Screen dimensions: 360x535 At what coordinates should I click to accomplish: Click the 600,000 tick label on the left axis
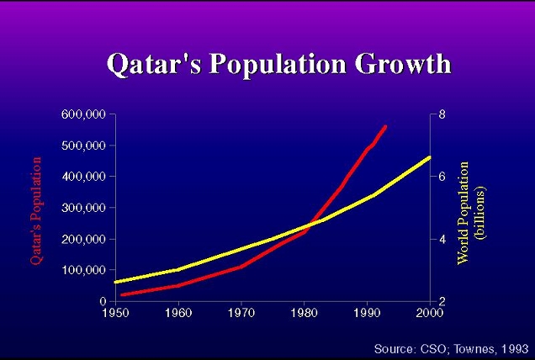(84, 114)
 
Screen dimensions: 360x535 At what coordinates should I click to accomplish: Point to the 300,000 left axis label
(84, 208)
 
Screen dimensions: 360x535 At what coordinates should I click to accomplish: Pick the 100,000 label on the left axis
(84, 270)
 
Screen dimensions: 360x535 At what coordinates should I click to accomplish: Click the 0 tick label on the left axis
(103, 301)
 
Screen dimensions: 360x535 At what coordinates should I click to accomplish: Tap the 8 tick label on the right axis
(442, 114)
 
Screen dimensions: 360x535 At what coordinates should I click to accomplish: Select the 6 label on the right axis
(442, 177)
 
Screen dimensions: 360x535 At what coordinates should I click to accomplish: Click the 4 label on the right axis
(442, 239)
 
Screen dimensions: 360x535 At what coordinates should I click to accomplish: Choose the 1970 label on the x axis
(241, 313)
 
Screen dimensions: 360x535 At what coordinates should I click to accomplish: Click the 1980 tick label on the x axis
(305, 313)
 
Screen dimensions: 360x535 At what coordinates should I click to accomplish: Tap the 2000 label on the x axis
(429, 313)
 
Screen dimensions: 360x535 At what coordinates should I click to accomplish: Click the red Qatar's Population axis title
(36, 210)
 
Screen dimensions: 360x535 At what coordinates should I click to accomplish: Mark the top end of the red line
(385, 126)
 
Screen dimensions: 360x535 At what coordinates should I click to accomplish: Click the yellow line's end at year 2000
(429, 157)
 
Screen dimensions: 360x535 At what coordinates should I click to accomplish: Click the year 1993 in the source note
(514, 347)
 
